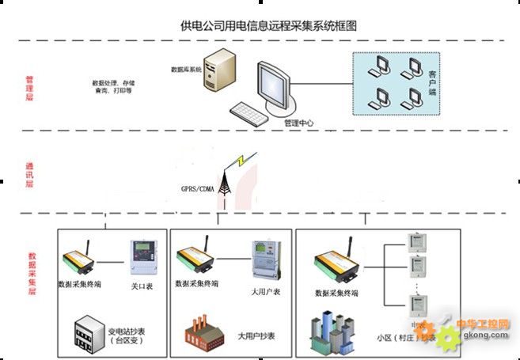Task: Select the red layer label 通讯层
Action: [30, 173]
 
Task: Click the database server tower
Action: [219, 76]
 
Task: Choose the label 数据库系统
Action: [187, 70]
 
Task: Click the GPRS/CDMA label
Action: [198, 188]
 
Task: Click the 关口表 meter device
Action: [142, 258]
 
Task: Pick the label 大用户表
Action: [265, 291]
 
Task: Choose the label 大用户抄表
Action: [256, 336]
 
